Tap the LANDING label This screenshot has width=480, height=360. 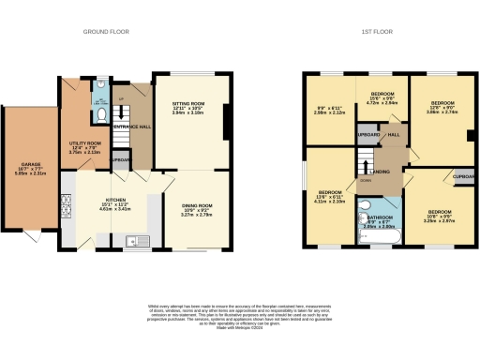click(382, 172)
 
